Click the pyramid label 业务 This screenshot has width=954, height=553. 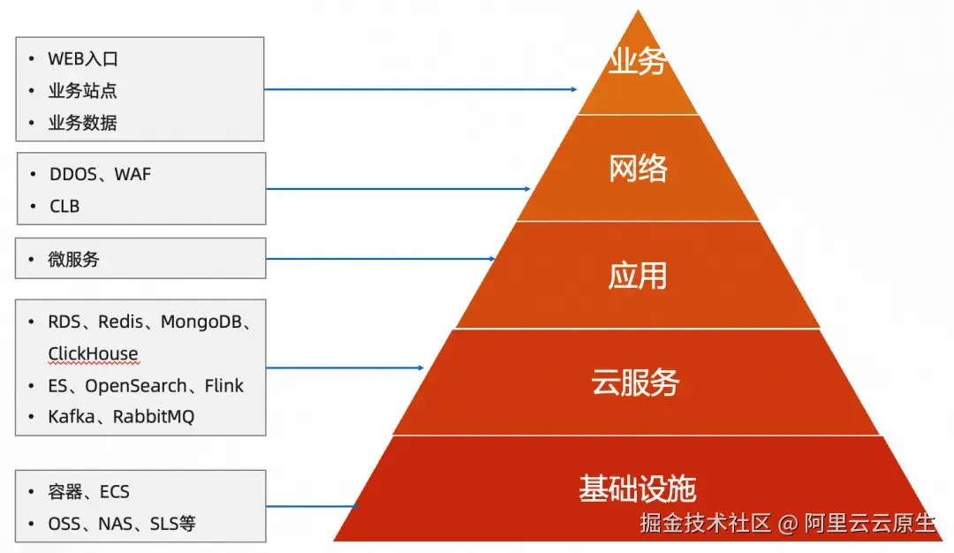[x=637, y=63]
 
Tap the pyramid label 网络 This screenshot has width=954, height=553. [x=638, y=168]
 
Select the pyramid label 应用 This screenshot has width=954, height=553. [x=637, y=276]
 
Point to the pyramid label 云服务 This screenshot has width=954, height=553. [x=636, y=383]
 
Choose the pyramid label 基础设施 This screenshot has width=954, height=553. [x=638, y=489]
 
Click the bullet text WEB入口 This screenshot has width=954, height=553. [x=83, y=59]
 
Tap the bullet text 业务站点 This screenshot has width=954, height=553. [x=83, y=91]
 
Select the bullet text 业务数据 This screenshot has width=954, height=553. [x=83, y=123]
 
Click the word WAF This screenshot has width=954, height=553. [x=132, y=174]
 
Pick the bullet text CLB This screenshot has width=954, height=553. [x=64, y=206]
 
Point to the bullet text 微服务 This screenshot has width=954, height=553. [x=74, y=260]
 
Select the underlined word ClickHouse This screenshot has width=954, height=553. [x=93, y=353]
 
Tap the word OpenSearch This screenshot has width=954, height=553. [x=136, y=386]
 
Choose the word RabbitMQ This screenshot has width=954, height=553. [x=153, y=417]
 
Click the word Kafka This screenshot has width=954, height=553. [x=71, y=417]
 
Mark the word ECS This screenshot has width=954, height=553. [x=115, y=492]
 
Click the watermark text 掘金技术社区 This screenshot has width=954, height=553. [x=706, y=523]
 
